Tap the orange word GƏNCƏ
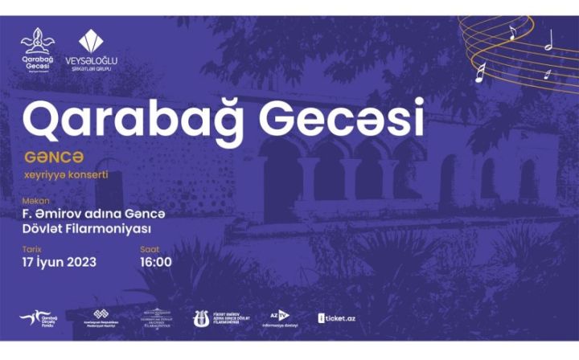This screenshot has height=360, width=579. [47, 157]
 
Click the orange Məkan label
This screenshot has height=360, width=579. [33, 201]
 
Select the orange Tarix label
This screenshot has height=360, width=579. [31, 250]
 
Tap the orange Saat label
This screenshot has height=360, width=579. [150, 250]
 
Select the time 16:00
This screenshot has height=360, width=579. [156, 263]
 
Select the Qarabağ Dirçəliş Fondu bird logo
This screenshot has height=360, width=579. [36, 319]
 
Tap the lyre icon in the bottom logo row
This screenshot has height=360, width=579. [201, 319]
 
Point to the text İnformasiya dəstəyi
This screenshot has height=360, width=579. [281, 325]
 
